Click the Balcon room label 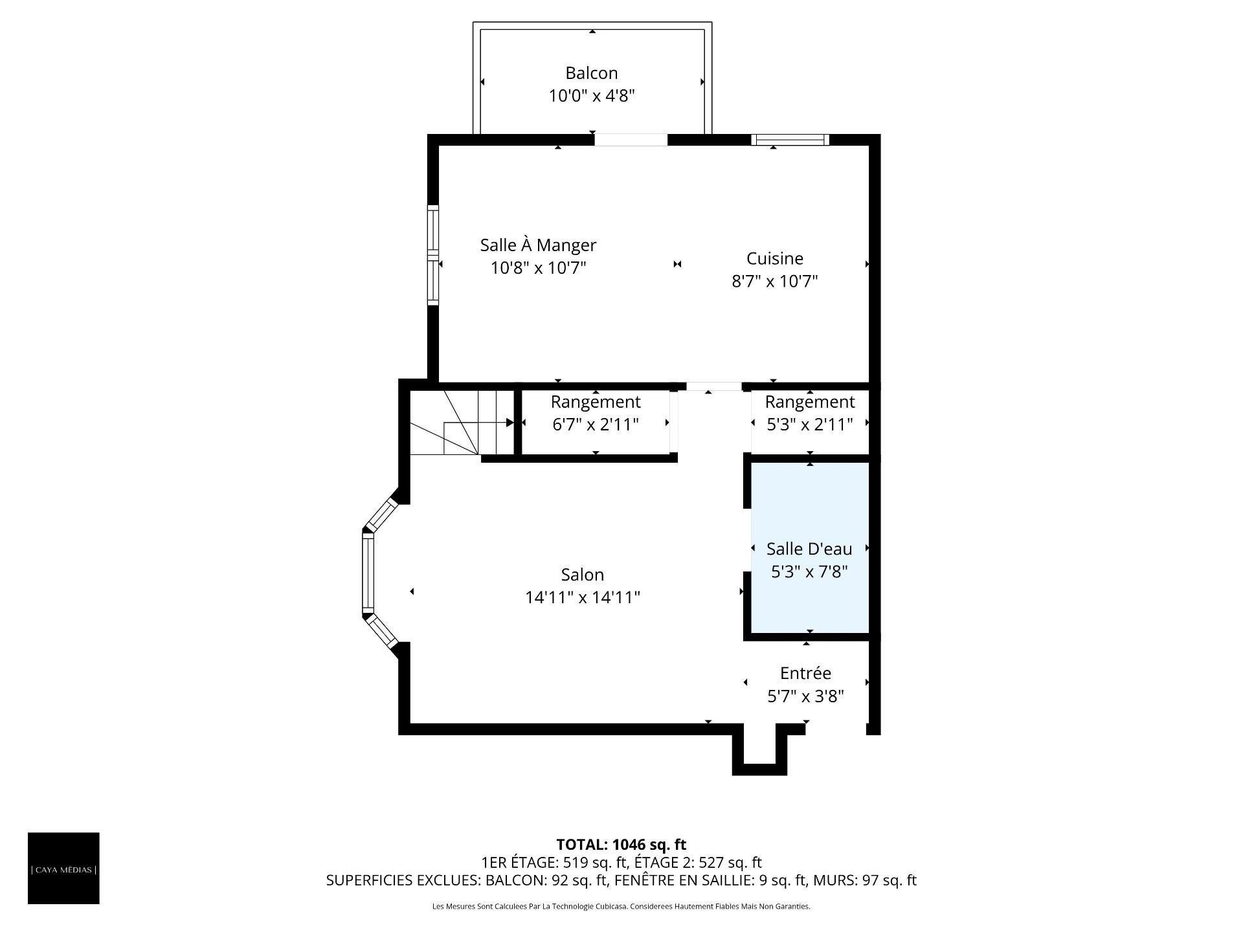pyautogui.click(x=592, y=73)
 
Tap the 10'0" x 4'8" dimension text pyautogui.click(x=592, y=96)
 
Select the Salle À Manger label pyautogui.click(x=538, y=245)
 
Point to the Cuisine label pyautogui.click(x=775, y=259)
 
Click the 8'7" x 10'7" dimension pyautogui.click(x=775, y=282)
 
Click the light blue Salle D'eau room pyautogui.click(x=810, y=548)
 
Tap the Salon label pyautogui.click(x=583, y=575)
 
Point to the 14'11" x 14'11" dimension pyautogui.click(x=583, y=597)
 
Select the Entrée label pyautogui.click(x=806, y=673)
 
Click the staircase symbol pyautogui.click(x=462, y=422)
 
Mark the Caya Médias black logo pyautogui.click(x=63, y=868)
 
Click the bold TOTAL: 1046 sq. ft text pyautogui.click(x=621, y=845)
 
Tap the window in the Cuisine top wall pyautogui.click(x=790, y=139)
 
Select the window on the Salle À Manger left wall pyautogui.click(x=433, y=255)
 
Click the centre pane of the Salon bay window pyautogui.click(x=368, y=571)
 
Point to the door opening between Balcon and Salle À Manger pyautogui.click(x=631, y=139)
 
